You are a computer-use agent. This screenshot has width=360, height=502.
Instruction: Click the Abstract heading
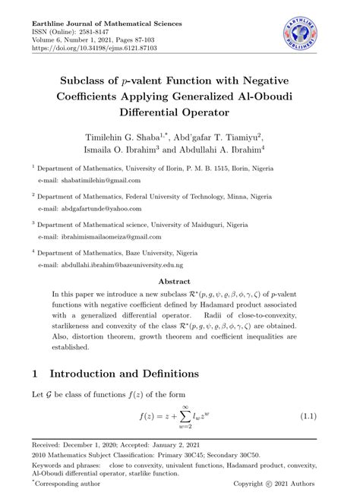[179, 280]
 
